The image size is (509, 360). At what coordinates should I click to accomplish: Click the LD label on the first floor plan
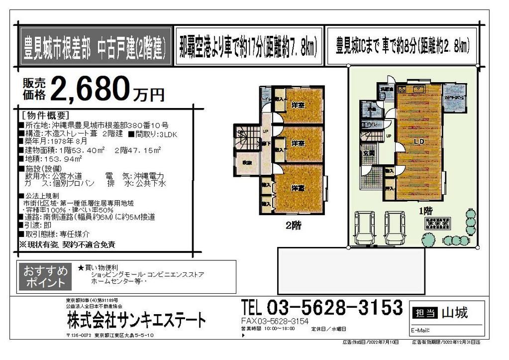[418, 142]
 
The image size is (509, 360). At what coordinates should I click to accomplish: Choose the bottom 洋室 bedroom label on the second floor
[298, 188]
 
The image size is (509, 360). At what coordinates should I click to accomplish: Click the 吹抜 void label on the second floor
[247, 163]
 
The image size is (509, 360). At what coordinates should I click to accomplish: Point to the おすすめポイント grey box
[45, 277]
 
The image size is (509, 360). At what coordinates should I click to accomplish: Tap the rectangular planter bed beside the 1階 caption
[437, 223]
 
